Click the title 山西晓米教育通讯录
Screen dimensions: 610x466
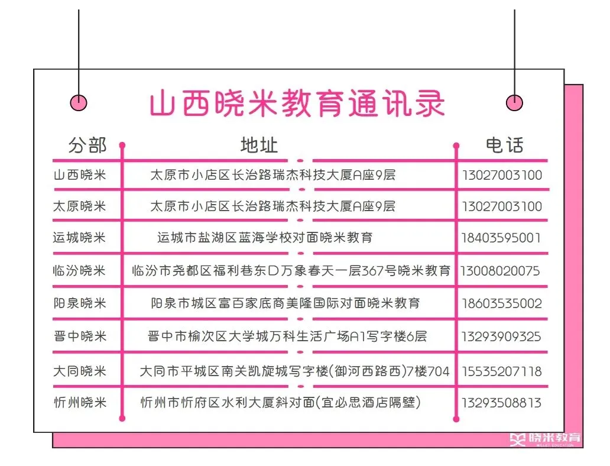pos(297,104)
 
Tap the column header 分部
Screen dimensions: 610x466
pos(87,145)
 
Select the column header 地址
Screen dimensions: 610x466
pos(259,145)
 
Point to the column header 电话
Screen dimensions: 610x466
pos(504,145)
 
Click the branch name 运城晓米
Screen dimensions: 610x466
pos(79,238)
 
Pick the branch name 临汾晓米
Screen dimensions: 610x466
pos(79,271)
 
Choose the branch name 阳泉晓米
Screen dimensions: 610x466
pos(79,303)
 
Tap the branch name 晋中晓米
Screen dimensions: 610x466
pos(79,336)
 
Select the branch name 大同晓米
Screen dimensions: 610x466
pos(79,371)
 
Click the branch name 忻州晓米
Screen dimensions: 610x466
pos(79,403)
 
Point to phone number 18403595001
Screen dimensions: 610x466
pos(501,238)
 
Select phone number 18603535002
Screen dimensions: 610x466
pos(501,304)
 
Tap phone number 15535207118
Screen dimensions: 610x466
pos(501,372)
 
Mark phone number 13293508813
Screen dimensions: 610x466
pos(501,403)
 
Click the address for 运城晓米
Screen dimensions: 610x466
pos(265,238)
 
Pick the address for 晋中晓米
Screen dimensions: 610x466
pos(287,336)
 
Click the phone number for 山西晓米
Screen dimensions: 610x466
pos(501,175)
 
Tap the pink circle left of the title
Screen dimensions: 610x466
pos(79,103)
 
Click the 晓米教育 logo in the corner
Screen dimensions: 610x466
pos(546,439)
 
